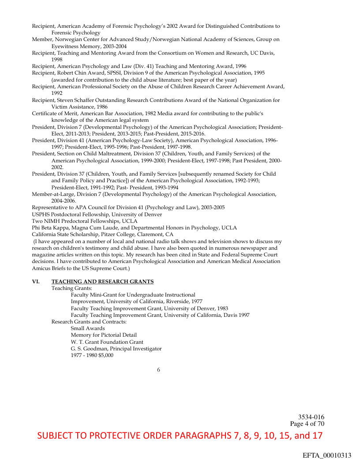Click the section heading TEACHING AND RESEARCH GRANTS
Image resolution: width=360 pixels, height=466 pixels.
(102, 282)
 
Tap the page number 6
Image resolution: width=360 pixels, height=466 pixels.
(158, 370)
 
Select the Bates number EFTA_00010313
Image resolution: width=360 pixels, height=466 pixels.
(327, 455)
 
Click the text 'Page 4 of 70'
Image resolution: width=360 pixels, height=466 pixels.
(307, 424)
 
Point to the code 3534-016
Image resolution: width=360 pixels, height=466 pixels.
(311, 417)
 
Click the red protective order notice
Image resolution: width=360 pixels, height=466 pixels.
(180, 436)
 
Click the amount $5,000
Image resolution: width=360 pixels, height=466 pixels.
(105, 355)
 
